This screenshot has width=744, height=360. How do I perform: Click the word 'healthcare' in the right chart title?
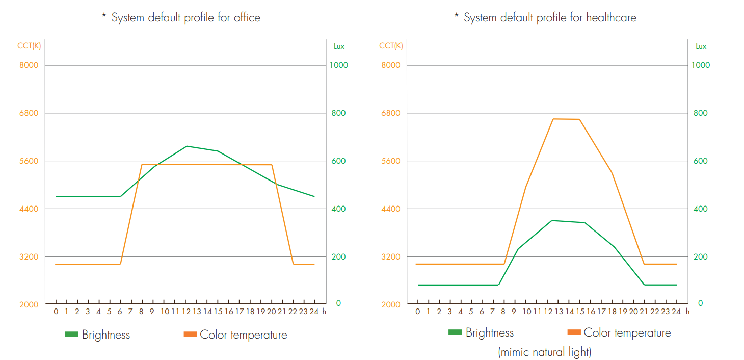611,18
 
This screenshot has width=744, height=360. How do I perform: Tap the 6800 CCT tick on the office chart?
29,113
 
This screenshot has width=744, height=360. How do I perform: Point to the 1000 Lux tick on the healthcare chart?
700,65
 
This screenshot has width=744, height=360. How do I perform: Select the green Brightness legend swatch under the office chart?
71,335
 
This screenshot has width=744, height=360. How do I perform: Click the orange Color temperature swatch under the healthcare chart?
574,332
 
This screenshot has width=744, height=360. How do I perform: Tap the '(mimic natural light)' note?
544,352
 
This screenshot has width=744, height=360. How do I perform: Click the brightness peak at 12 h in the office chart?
187,146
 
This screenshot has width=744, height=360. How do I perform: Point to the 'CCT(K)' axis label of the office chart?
29,46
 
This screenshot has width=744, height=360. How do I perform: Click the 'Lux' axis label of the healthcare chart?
701,46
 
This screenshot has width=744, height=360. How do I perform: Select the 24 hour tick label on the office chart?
314,311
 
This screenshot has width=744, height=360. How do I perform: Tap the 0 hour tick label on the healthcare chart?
417,311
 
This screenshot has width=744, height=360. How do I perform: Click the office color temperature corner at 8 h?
142,164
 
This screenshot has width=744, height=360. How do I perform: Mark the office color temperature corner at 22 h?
293,264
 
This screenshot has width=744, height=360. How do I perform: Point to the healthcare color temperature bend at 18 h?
612,172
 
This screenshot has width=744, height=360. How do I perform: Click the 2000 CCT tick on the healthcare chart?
390,304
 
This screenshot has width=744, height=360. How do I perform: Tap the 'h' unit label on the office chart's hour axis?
324,311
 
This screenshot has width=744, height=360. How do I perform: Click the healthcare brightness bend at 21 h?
644,285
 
